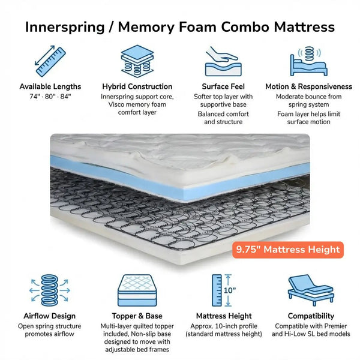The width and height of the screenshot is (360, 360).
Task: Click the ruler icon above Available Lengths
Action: (50, 59)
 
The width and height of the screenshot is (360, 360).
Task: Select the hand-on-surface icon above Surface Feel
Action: (223, 59)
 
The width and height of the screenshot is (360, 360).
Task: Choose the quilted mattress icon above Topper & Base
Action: (137, 290)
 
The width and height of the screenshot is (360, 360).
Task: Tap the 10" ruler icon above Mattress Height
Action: (223, 290)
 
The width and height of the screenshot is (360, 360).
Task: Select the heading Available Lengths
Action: (50, 86)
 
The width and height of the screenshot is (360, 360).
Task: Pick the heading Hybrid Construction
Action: (137, 86)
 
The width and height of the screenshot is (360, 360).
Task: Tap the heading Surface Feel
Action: (223, 86)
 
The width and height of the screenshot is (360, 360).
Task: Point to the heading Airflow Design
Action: (50, 316)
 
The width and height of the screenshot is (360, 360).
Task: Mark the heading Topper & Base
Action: (137, 316)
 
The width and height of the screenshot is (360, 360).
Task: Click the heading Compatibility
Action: (310, 316)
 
